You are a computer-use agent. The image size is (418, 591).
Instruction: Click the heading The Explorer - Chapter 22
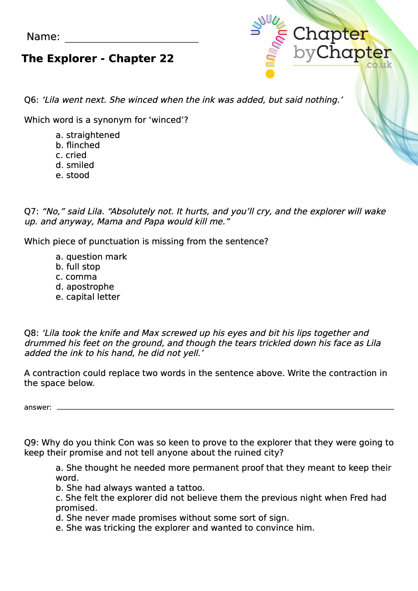click(98, 59)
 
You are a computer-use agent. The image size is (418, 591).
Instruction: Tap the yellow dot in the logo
click(270, 74)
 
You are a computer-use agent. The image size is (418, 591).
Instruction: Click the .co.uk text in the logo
click(378, 65)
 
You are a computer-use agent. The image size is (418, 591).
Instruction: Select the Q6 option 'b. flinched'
click(78, 145)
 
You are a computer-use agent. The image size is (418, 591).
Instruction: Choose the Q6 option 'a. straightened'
click(88, 135)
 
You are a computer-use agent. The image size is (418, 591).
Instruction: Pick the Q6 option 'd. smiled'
click(75, 165)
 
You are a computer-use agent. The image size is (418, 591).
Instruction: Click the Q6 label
click(31, 100)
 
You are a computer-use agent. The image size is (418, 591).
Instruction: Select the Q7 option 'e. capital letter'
click(88, 297)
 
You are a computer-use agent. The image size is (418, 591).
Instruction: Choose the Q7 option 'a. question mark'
click(91, 257)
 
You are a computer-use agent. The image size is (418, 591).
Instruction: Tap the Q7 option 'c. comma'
click(76, 277)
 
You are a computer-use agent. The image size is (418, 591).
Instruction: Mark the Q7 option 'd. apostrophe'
click(85, 287)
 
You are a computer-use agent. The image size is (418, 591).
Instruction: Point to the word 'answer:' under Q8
click(38, 407)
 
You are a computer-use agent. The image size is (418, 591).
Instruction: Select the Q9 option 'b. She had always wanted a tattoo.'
click(130, 488)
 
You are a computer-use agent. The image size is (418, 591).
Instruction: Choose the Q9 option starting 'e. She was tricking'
click(185, 528)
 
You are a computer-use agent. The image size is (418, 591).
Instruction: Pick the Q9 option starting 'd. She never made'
click(172, 518)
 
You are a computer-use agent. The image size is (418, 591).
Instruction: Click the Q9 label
click(31, 443)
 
